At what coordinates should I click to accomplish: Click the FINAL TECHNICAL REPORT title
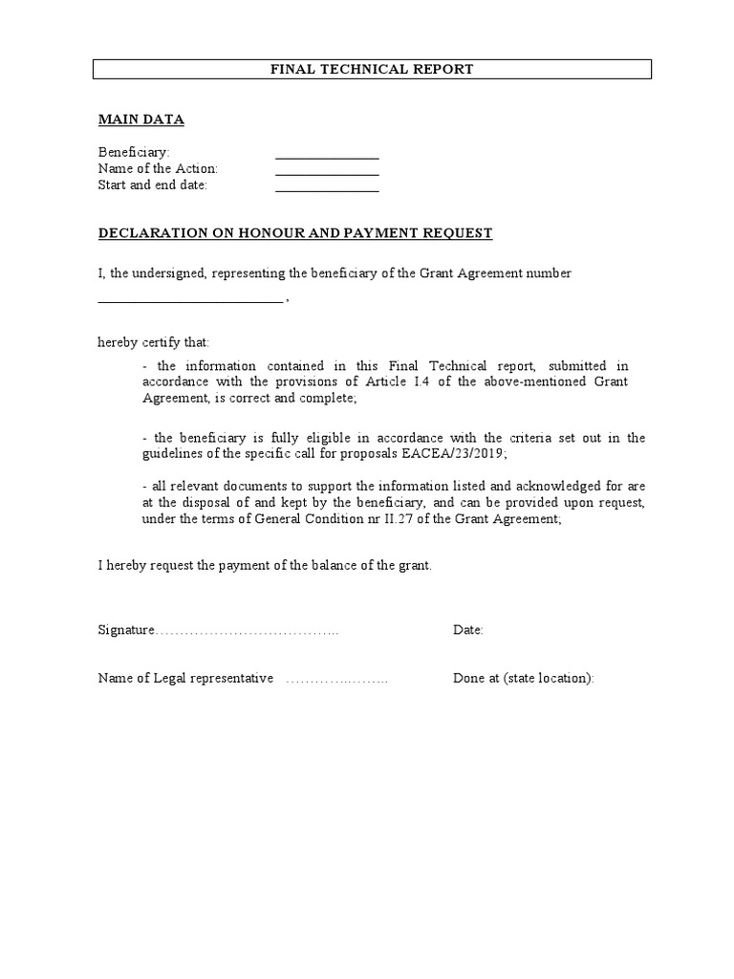point(372,69)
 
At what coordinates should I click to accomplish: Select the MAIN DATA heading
point(141,120)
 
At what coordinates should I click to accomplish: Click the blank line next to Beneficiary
point(327,157)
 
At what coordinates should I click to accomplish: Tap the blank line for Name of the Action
point(327,173)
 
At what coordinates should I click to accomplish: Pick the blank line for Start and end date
point(327,189)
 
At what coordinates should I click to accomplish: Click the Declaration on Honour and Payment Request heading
point(295,232)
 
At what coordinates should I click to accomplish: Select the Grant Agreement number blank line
point(190,300)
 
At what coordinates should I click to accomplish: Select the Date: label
point(467,631)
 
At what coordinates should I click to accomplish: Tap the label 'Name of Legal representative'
point(185,679)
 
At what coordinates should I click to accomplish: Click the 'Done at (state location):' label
point(523,679)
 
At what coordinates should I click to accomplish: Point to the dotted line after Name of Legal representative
point(336,680)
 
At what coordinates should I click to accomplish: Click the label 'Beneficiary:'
point(134,153)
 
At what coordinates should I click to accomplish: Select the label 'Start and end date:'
point(153,185)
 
